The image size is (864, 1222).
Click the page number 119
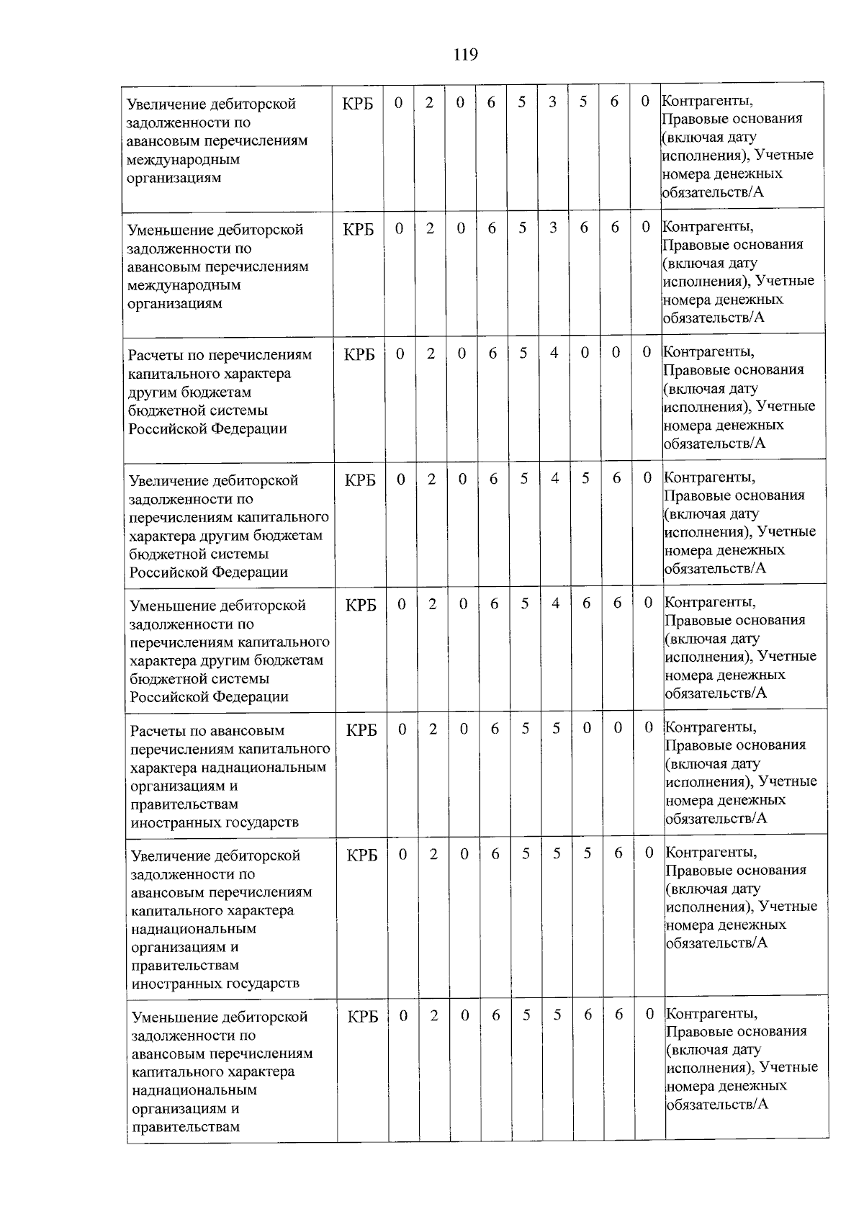pos(466,55)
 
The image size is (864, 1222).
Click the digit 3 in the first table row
pos(552,102)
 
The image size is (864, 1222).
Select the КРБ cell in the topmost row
pos(358,103)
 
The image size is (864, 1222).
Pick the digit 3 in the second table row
pos(553,228)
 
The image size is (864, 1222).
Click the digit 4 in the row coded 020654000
pos(554,353)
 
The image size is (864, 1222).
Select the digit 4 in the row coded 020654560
pos(554,478)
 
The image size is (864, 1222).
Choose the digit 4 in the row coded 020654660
pos(555,603)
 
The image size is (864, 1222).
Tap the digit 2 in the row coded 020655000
pos(433,729)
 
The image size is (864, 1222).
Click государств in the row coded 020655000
pos(258,822)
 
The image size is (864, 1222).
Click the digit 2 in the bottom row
pos(434,1015)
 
